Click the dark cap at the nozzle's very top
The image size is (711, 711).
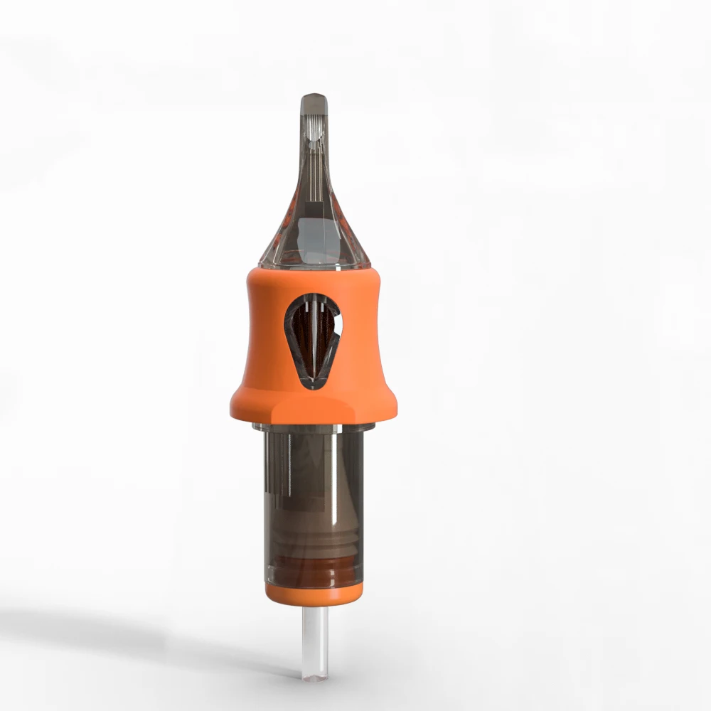pyautogui.click(x=314, y=102)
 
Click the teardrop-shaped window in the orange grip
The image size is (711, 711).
pyautogui.click(x=314, y=340)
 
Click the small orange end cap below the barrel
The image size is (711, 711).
pyautogui.click(x=314, y=594)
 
